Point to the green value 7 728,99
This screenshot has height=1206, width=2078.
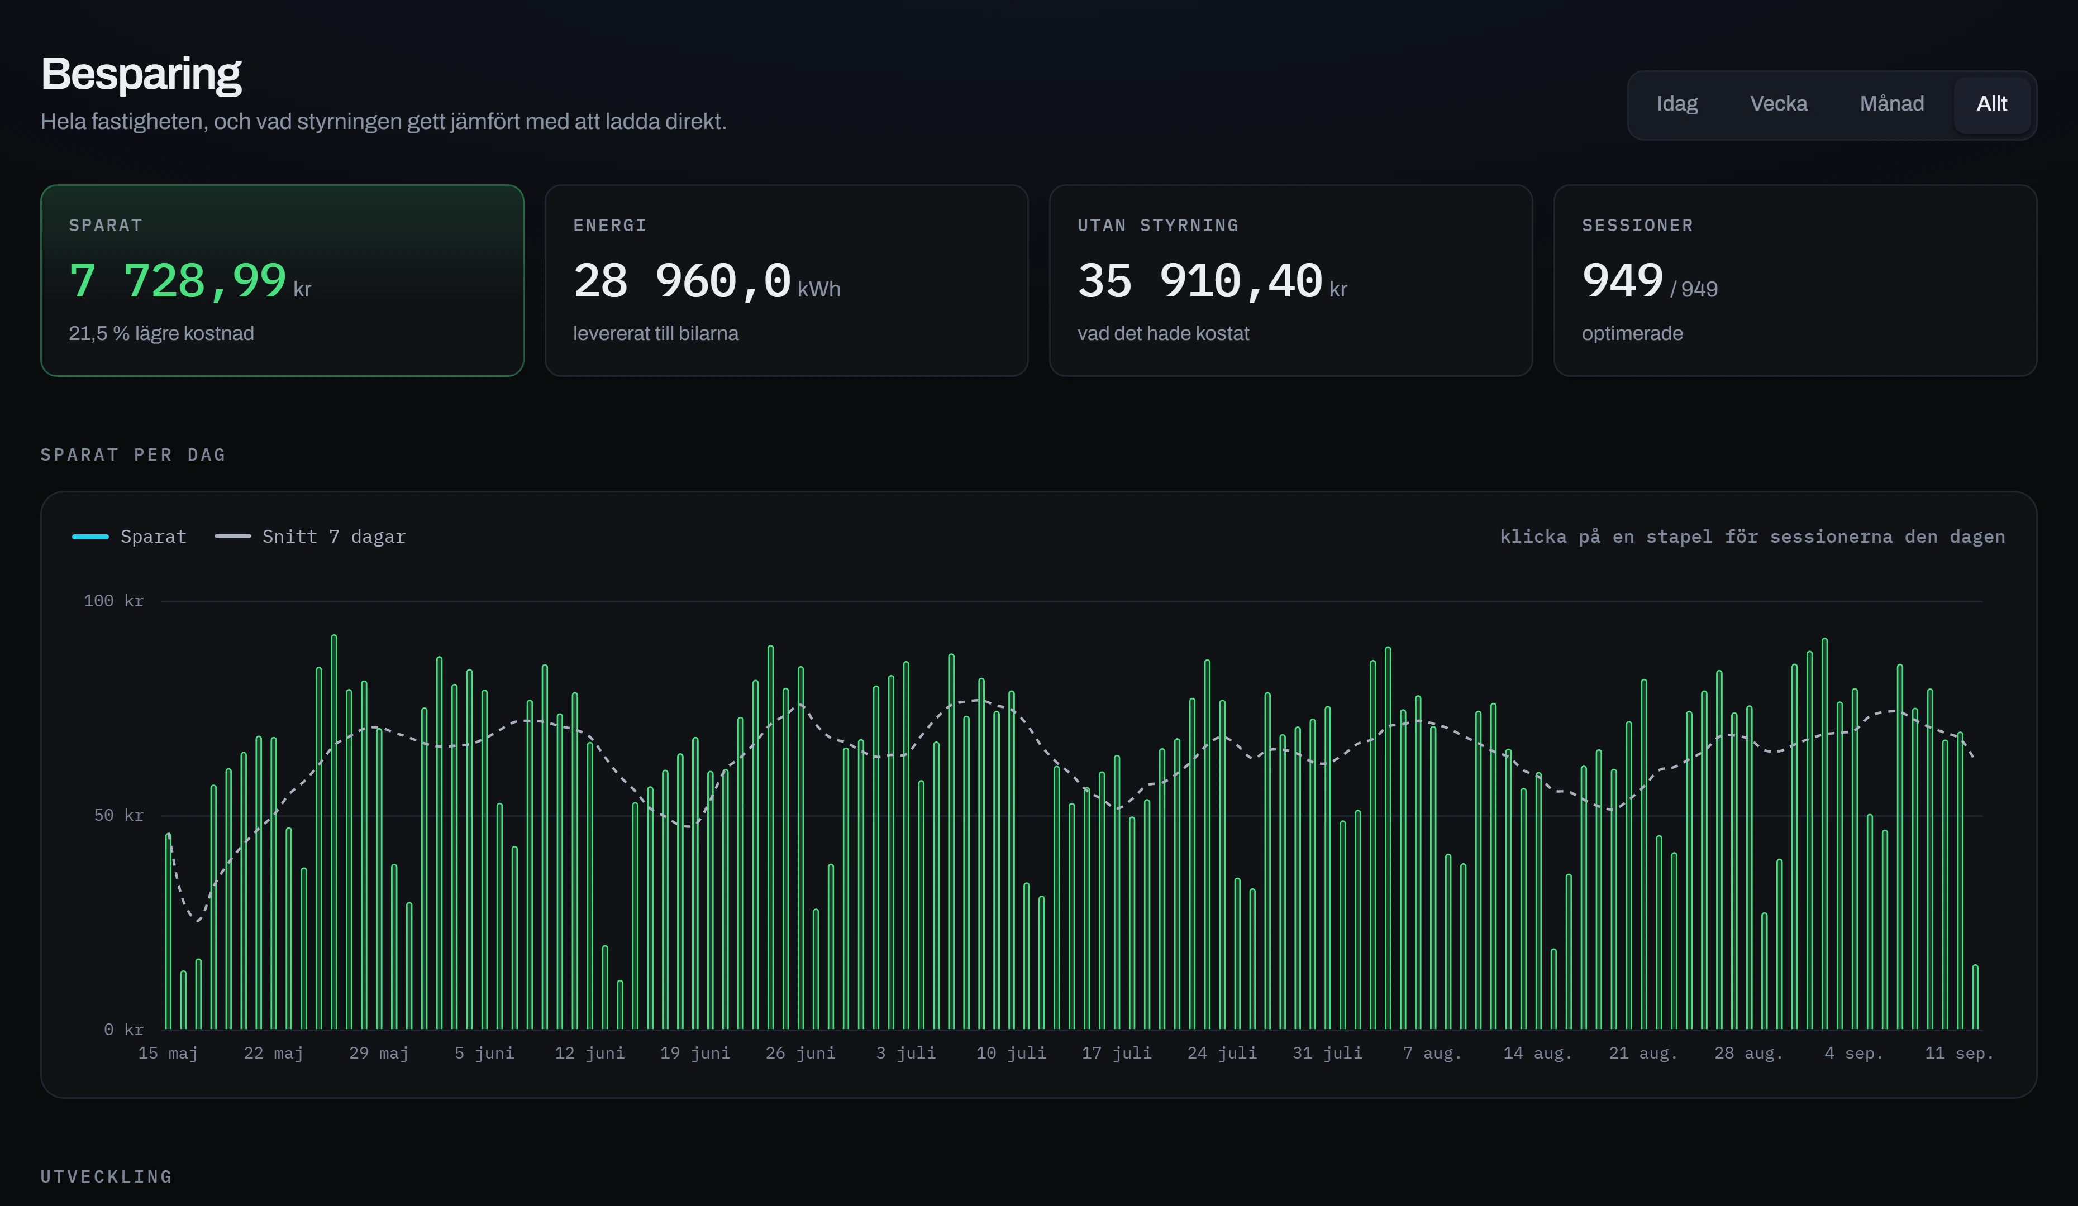pos(177,281)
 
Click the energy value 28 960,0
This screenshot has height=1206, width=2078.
pos(682,281)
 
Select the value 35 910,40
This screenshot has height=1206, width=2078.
pos(1200,281)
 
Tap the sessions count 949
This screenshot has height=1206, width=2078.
pos(1622,281)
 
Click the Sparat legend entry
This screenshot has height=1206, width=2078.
pos(130,537)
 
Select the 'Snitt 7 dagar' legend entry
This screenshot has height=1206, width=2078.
pos(310,537)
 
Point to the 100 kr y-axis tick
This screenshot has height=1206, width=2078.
pos(114,601)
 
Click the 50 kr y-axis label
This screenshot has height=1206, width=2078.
pos(119,815)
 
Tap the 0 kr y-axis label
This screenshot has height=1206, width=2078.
pos(123,1030)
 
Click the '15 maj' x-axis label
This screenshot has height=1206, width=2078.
pos(168,1054)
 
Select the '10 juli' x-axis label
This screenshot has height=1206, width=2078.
pos(1011,1054)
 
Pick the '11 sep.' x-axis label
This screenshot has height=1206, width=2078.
pos(1959,1054)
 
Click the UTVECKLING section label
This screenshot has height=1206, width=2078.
pos(106,1177)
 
